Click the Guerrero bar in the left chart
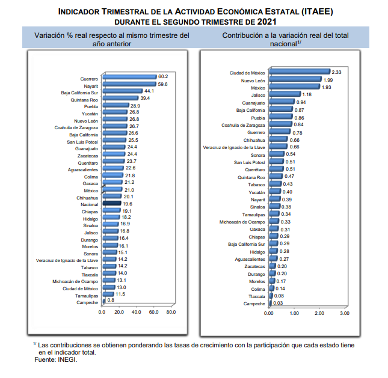130,77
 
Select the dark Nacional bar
112,203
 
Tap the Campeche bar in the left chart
103,301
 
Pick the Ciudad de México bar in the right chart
300,72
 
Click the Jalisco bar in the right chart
285,94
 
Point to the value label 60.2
163,77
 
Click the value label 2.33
336,72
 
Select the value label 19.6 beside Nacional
128,204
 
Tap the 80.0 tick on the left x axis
171,312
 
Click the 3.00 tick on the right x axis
345,313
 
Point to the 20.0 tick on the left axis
119,312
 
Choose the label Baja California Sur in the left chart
79,93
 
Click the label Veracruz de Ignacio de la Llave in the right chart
234,148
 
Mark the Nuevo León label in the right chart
253,81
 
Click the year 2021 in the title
266,22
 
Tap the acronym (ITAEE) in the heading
317,11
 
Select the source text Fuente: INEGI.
56,360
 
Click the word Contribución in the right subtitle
242,35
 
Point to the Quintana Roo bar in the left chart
120,98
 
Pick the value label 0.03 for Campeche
278,303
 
